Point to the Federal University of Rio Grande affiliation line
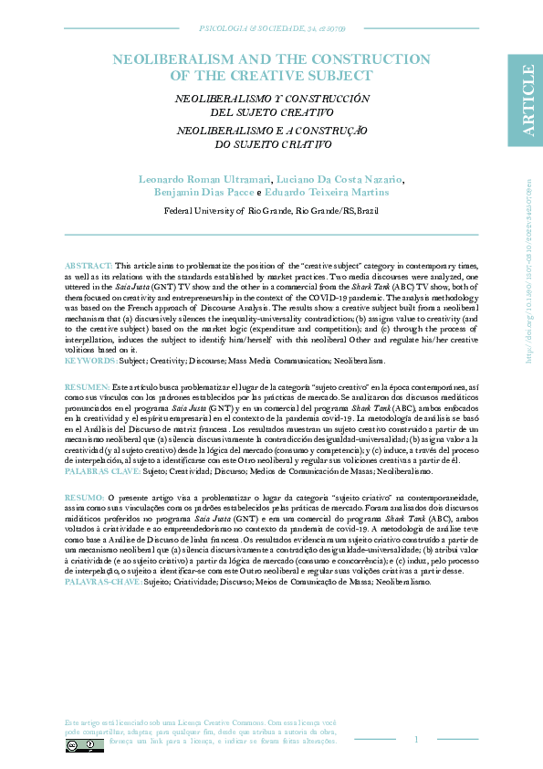click(x=271, y=210)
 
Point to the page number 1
click(x=416, y=739)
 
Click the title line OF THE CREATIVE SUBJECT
click(x=271, y=76)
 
